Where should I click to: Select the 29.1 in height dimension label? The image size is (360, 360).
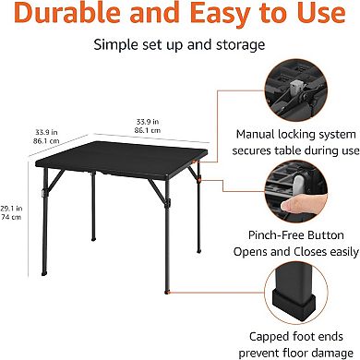point(12,209)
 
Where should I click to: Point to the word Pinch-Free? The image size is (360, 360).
point(266,233)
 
